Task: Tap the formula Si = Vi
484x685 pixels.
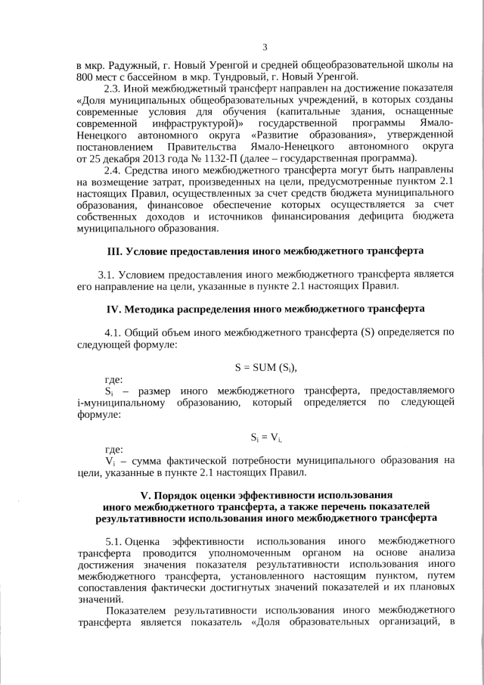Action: coord(265,437)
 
